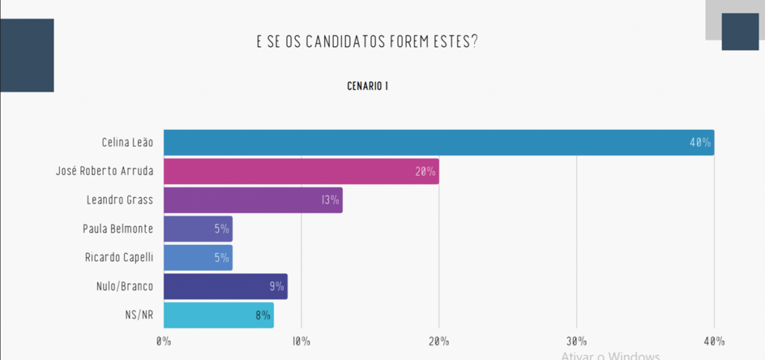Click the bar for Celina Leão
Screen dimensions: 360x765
click(439, 143)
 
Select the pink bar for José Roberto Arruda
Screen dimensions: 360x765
click(301, 171)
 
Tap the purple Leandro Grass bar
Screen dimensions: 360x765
click(253, 200)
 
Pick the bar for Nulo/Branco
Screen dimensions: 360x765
click(225, 286)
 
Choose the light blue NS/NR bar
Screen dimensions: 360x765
click(218, 314)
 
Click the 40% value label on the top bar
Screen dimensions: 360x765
click(700, 143)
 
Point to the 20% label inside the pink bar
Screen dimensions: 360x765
click(425, 172)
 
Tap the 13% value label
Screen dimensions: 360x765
click(329, 200)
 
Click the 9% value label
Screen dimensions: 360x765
click(276, 286)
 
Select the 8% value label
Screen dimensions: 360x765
click(262, 314)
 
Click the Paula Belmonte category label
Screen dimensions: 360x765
click(118, 229)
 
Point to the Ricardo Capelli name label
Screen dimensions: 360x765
click(119, 258)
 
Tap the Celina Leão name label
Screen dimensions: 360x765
click(127, 143)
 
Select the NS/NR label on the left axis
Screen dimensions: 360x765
click(139, 315)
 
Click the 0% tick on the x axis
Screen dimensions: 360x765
click(164, 341)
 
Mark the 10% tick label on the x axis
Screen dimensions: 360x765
click(301, 341)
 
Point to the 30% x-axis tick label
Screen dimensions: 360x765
click(576, 341)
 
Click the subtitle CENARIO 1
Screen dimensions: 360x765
click(368, 86)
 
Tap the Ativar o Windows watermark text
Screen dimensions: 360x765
click(610, 356)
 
